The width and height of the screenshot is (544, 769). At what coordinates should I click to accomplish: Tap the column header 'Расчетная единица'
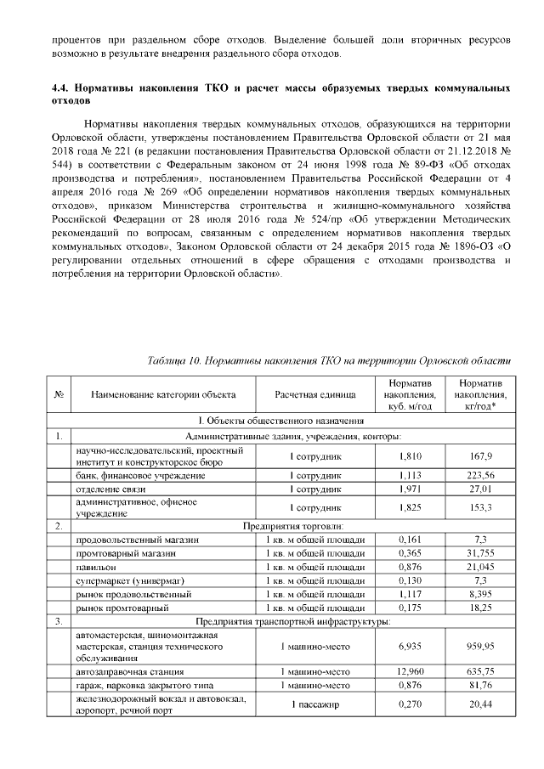(308, 395)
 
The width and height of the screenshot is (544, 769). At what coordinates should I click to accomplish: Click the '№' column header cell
(59, 395)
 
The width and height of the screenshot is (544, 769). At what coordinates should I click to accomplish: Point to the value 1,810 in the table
(411, 455)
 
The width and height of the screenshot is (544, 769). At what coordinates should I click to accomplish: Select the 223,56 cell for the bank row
(481, 476)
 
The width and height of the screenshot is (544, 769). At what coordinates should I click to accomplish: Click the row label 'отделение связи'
(111, 491)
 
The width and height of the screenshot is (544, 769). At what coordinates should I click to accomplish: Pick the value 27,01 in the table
(481, 491)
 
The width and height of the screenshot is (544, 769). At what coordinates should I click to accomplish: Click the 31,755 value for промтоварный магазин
(481, 553)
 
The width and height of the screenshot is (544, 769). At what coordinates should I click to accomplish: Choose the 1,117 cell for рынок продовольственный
(411, 594)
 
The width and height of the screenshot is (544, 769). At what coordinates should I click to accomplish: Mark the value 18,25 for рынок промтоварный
(481, 608)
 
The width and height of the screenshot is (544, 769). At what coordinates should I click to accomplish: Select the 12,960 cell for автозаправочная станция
(411, 670)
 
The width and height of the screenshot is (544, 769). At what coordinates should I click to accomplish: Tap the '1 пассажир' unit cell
(308, 705)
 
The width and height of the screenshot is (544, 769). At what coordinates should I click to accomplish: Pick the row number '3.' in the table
(59, 623)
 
